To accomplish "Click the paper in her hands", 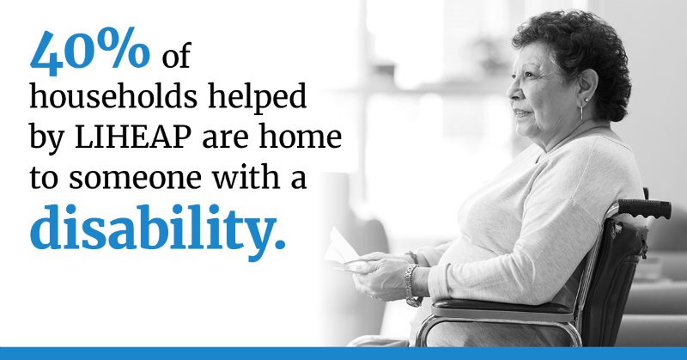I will click(341, 249).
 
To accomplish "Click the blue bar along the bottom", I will click(343, 353).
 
